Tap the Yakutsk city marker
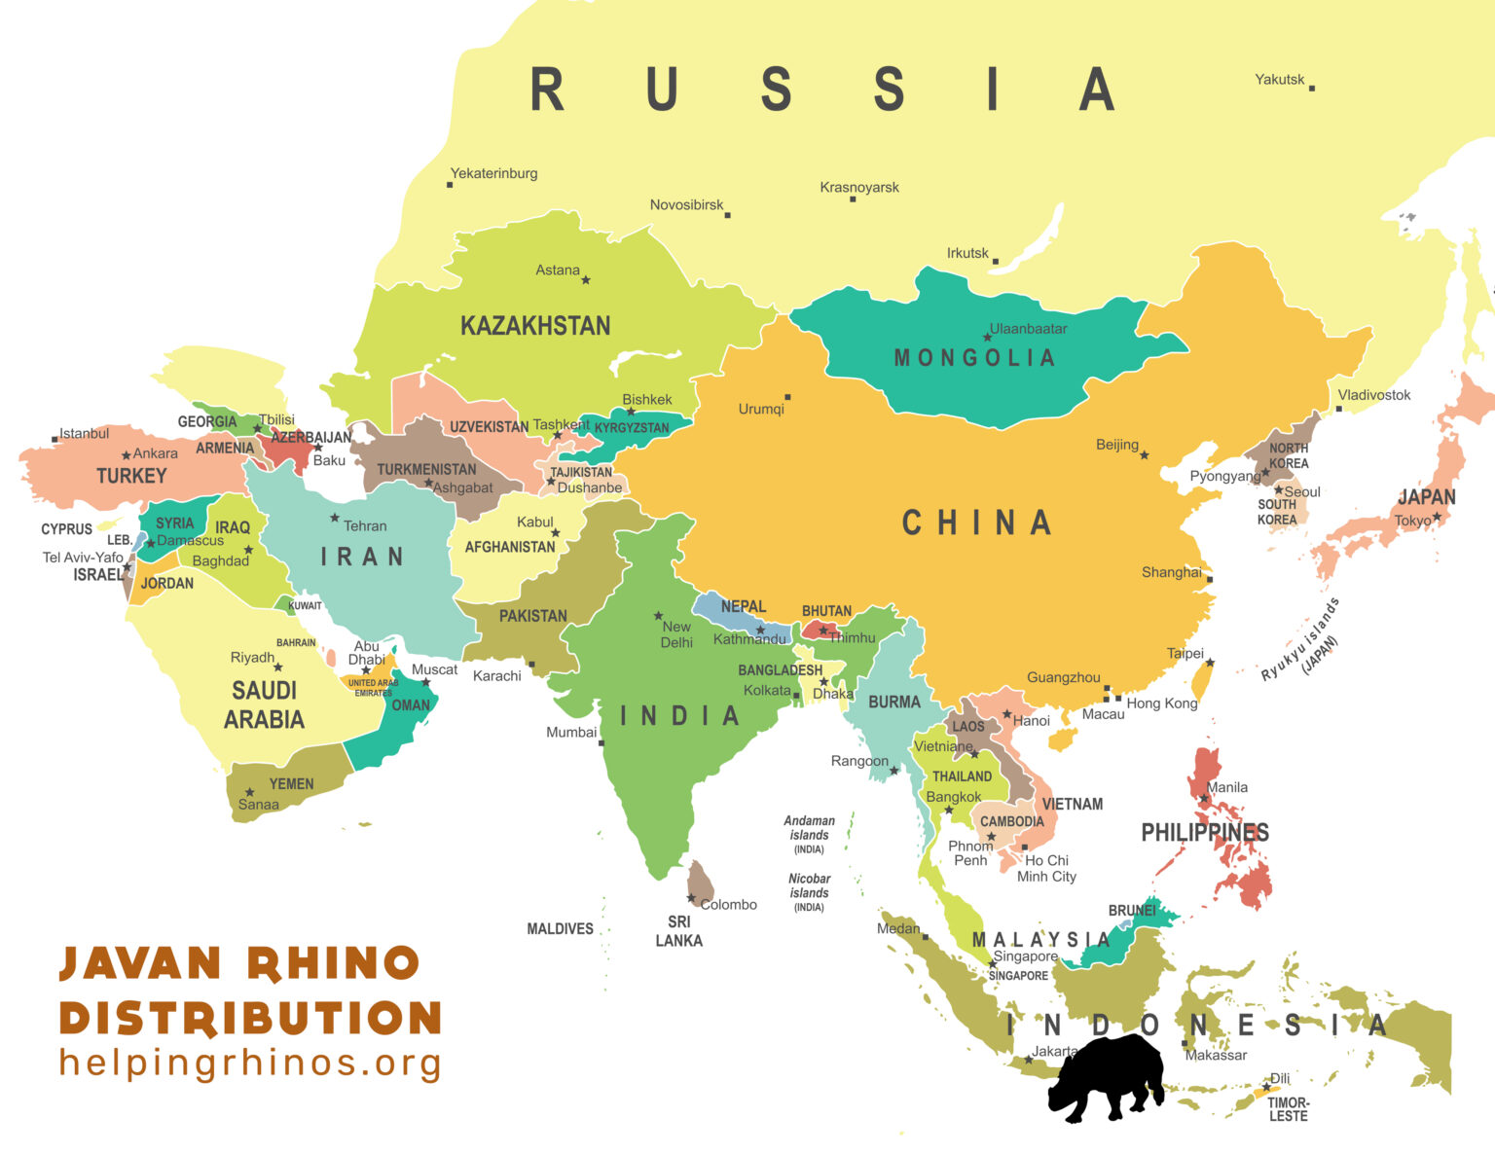point(1311,88)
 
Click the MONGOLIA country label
point(974,358)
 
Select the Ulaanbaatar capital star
point(987,338)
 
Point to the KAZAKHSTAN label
point(535,326)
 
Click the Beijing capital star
point(1145,455)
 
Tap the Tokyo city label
point(1412,521)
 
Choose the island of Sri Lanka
point(701,881)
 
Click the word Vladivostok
point(1373,395)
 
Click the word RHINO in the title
point(333,963)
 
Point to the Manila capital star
point(1204,799)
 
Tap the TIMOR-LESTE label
point(1288,1109)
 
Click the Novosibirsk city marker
point(727,215)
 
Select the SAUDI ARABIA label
point(264,705)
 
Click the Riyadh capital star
point(278,667)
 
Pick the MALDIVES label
point(560,929)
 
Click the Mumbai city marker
point(602,743)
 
